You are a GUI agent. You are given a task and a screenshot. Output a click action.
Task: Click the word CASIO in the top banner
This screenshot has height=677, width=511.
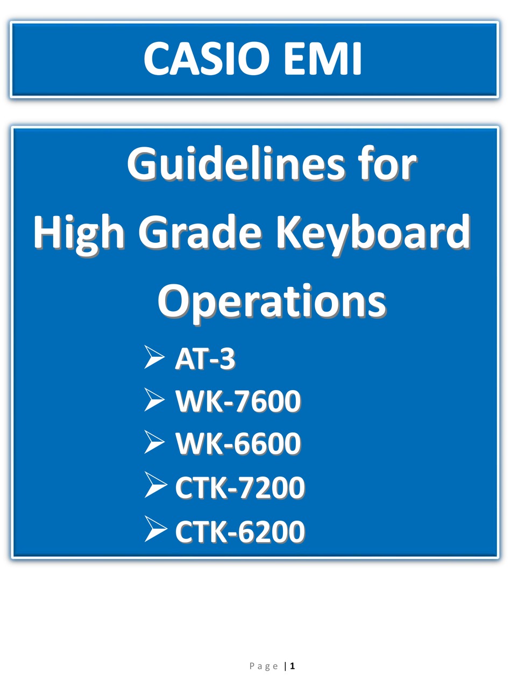tap(206, 59)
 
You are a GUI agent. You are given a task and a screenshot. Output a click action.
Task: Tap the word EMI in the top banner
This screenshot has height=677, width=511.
tap(322, 59)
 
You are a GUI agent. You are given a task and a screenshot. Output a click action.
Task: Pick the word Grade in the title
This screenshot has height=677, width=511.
tap(200, 232)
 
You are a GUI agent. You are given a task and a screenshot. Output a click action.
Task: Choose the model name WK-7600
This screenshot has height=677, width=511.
tap(238, 401)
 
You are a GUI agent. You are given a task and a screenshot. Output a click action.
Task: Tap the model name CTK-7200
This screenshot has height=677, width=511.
tap(240, 487)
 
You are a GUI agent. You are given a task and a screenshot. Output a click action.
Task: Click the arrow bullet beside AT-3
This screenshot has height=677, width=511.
tap(154, 357)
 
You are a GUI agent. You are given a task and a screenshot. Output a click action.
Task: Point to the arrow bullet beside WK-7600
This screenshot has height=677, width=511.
tap(154, 400)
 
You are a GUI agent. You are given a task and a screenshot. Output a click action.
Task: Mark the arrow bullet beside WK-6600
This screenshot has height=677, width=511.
tap(154, 442)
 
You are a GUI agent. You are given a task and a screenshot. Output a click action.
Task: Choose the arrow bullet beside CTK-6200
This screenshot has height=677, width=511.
tap(156, 530)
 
